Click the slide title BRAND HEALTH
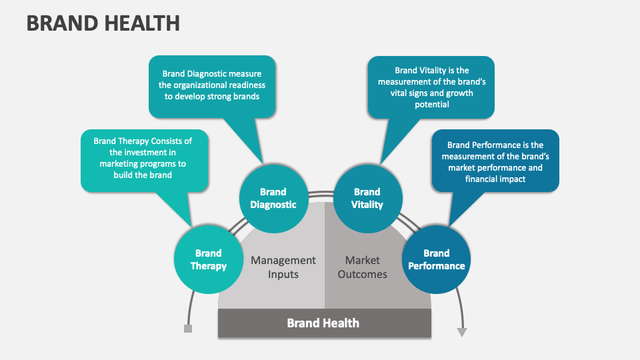(x=103, y=22)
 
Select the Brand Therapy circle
(x=208, y=259)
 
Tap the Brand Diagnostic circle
(x=273, y=198)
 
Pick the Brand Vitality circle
(x=367, y=198)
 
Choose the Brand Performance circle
(x=436, y=259)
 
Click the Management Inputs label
(x=283, y=267)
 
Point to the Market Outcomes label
(x=362, y=267)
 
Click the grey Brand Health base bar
(x=323, y=323)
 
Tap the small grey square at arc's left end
(x=188, y=329)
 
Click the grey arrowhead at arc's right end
(x=461, y=331)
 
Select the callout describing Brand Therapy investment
(x=143, y=158)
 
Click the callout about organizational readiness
(x=211, y=85)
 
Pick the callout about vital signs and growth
(x=431, y=87)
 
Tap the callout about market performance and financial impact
(x=495, y=161)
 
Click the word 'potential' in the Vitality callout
(x=432, y=105)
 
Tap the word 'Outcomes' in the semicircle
(x=362, y=274)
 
